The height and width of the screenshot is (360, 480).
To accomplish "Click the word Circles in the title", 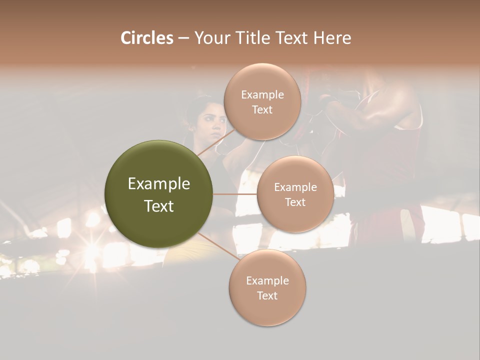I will coord(146,38).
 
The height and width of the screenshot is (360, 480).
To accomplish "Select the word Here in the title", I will coord(332,38).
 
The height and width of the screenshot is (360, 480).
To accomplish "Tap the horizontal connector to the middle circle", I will coord(235,194).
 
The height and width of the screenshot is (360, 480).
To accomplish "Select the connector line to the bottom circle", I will coord(215,246).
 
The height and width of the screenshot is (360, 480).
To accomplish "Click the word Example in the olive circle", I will coord(158,184).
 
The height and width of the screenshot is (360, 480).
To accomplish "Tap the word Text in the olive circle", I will coord(158,206).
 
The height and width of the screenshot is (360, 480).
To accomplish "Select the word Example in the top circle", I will coord(262,95).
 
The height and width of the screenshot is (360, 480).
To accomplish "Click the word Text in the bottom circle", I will coord(267,296).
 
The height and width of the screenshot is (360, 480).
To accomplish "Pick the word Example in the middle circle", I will coord(295,187).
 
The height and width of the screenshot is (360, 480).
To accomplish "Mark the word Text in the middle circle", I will coord(295,202).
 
